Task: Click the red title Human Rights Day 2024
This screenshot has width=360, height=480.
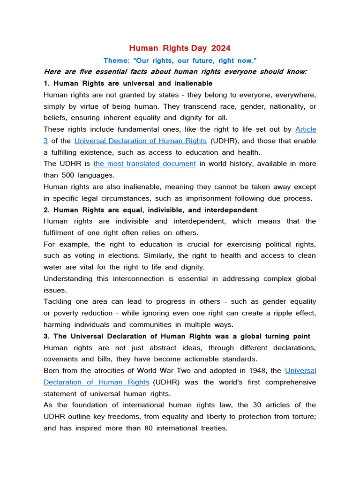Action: point(180,48)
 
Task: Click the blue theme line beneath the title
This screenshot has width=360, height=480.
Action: point(180,60)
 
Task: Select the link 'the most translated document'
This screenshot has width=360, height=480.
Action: point(144,164)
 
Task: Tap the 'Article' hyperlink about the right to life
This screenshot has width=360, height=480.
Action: point(306,129)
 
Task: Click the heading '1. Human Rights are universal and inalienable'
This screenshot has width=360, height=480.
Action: point(128,83)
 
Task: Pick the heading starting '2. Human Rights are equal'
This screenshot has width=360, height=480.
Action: point(150,210)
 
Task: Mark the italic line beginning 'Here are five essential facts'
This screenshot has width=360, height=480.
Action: point(175,72)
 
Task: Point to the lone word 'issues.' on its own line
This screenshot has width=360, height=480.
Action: point(55,290)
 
